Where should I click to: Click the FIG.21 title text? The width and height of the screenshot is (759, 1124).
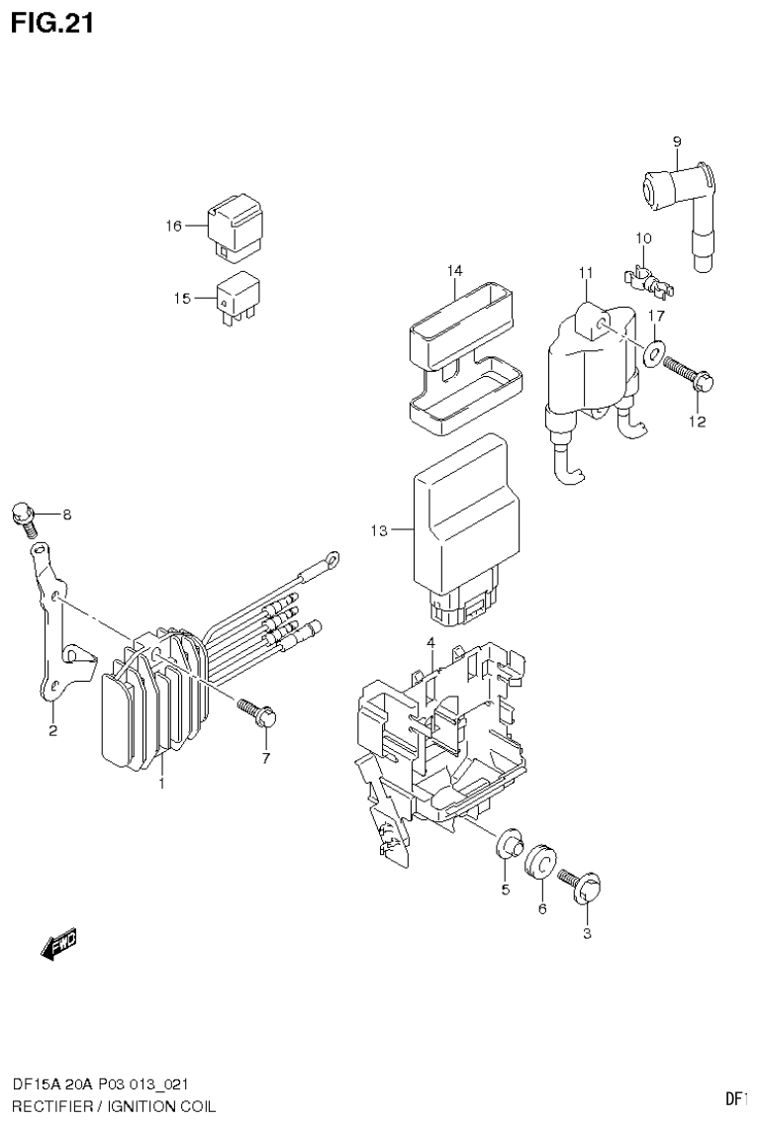[x=52, y=23]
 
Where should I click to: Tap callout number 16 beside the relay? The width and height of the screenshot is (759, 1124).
[x=173, y=227]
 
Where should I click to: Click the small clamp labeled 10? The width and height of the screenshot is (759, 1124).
[x=650, y=280]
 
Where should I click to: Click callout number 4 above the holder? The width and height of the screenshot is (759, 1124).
[x=431, y=643]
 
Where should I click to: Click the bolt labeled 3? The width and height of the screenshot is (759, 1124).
[x=583, y=885]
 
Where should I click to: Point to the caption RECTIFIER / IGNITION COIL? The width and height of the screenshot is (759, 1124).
[x=113, y=1104]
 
